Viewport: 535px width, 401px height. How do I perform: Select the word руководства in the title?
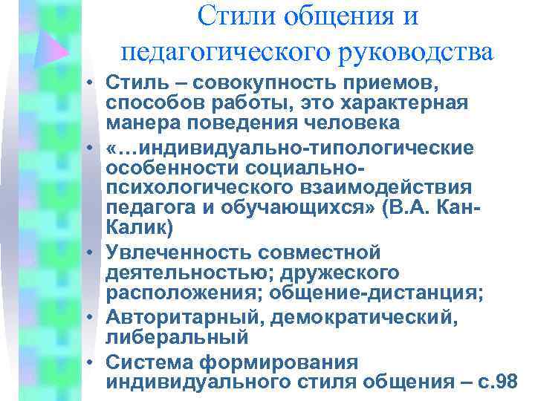pos(414,52)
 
